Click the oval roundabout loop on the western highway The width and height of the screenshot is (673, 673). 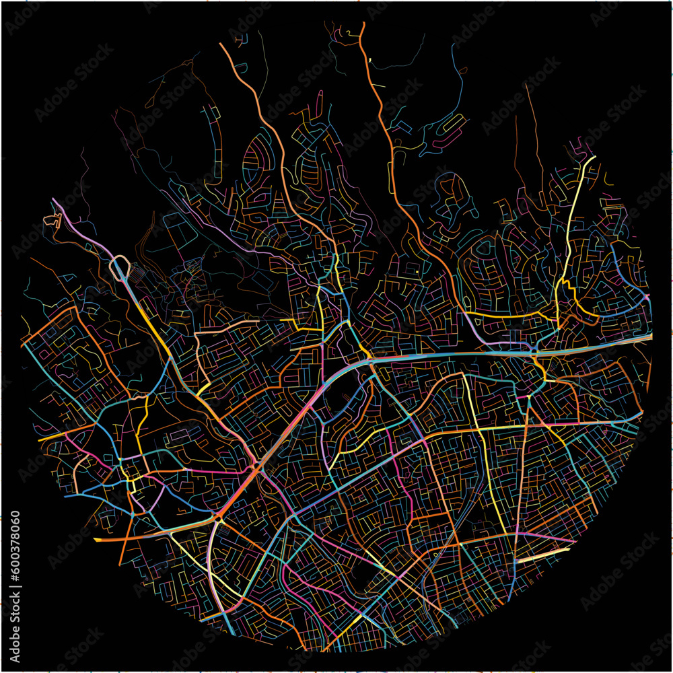[120, 267]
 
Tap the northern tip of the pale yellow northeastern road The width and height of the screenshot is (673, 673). [594, 158]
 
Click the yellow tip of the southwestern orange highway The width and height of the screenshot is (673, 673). [98, 540]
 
